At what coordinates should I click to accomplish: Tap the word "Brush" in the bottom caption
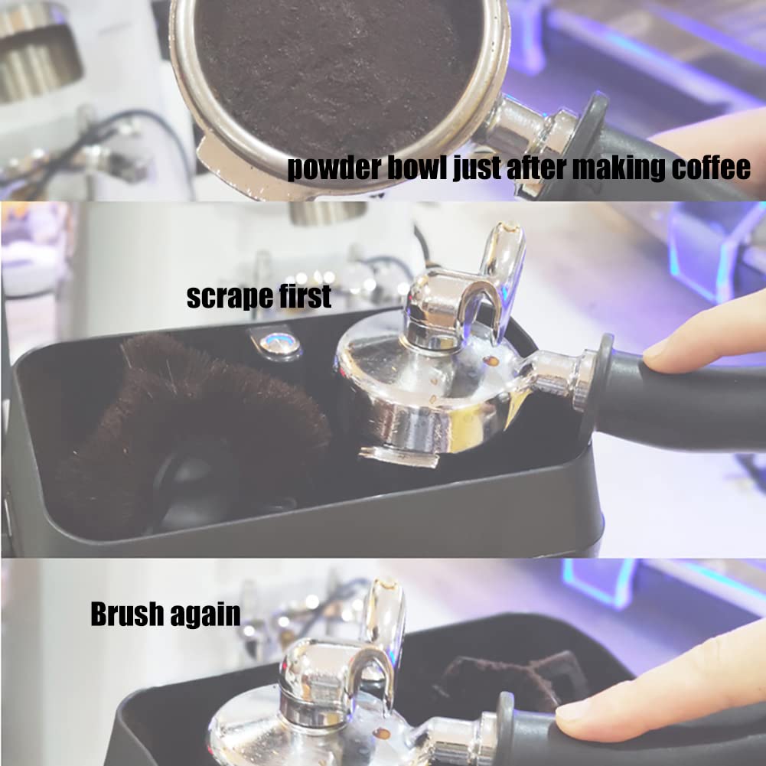(x=126, y=614)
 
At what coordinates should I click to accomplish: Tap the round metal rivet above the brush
(x=279, y=343)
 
